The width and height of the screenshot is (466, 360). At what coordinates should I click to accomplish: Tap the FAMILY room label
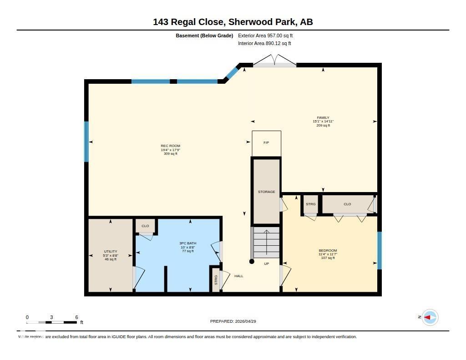point(323,118)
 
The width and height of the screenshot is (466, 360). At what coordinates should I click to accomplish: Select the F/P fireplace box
point(266,143)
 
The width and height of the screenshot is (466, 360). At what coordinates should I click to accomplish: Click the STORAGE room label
point(266,192)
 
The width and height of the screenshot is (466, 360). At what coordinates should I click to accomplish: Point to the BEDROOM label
point(328,251)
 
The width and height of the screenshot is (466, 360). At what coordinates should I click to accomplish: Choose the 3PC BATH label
point(187,243)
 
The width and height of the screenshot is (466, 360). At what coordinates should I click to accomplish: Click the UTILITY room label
point(111,252)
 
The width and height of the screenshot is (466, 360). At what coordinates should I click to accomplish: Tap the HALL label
point(238,276)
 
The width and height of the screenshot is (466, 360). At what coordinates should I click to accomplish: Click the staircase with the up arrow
point(266,243)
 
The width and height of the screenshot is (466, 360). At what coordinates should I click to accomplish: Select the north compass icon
point(430,317)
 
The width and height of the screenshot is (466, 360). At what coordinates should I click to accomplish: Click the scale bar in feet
point(51,322)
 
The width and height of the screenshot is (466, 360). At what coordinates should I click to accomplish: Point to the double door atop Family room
point(274,61)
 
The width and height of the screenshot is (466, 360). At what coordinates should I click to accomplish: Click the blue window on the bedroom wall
point(379,250)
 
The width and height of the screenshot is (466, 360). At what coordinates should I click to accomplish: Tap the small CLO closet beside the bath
point(145,226)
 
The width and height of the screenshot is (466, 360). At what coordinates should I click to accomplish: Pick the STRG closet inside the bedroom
point(310,204)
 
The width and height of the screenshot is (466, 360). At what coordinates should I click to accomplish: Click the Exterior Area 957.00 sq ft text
point(268,35)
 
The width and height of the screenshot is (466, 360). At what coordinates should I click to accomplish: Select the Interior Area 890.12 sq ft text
point(264,44)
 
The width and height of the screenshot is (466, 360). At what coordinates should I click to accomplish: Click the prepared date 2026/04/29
point(236,321)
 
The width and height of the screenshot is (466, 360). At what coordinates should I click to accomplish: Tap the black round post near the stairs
point(252,261)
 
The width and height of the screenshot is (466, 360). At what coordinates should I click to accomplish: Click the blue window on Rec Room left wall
point(86,142)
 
